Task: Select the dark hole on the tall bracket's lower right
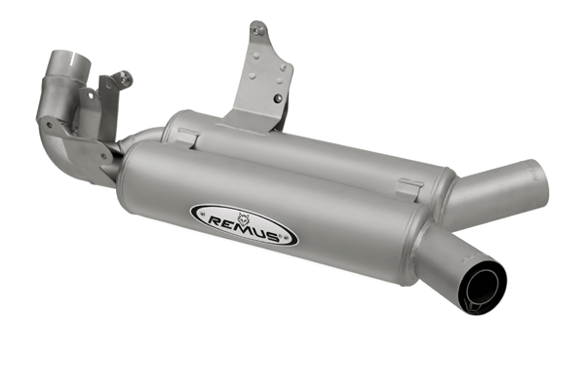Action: pyautogui.click(x=278, y=98)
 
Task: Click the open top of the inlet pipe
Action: pyautogui.click(x=72, y=58)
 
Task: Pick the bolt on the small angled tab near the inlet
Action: pyautogui.click(x=125, y=77)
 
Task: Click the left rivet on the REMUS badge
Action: pyautogui.click(x=202, y=214)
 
